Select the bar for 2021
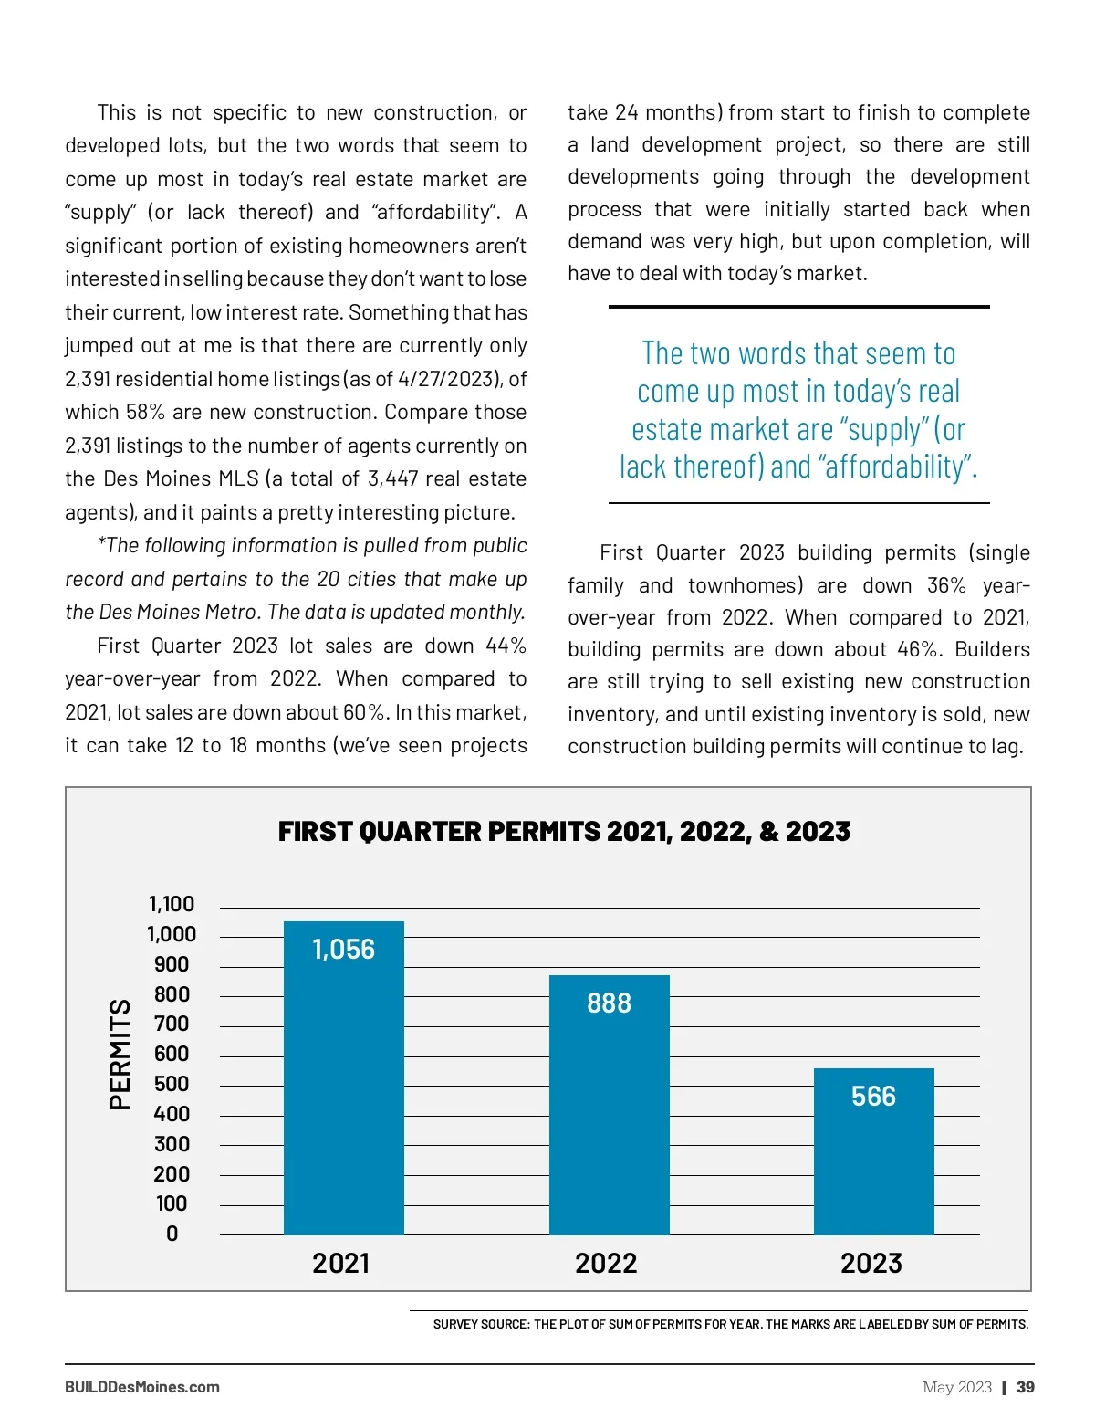(x=343, y=1096)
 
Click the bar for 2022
(x=609, y=1123)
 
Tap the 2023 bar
(x=873, y=1169)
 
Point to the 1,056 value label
(x=343, y=950)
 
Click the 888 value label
(x=609, y=1003)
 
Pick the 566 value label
(x=873, y=1097)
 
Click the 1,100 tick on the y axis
(x=172, y=904)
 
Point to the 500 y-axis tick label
(x=172, y=1084)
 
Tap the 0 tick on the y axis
(x=172, y=1234)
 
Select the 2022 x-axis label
(x=606, y=1264)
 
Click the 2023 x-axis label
(x=871, y=1264)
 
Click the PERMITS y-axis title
(x=120, y=1054)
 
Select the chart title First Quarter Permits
(x=564, y=832)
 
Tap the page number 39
(x=1026, y=1387)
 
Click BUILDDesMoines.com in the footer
(x=142, y=1387)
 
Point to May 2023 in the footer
(x=956, y=1387)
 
